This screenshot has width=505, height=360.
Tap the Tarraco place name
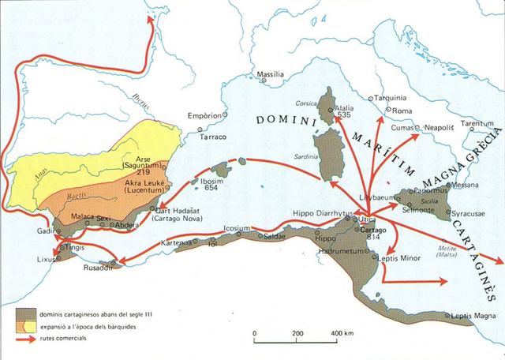212,137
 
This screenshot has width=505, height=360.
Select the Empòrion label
204,115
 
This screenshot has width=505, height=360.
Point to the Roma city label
402,111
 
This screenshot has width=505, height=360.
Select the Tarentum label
477,124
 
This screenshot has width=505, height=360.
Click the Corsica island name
305,103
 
